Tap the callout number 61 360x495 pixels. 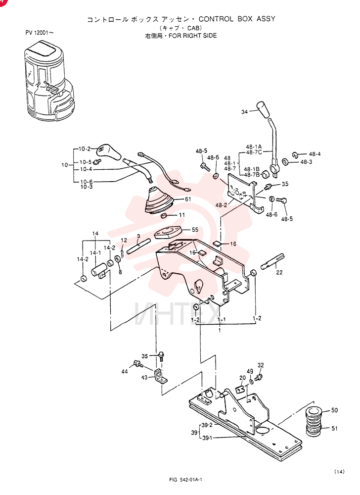click(x=188, y=199)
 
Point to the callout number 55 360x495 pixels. click(x=195, y=230)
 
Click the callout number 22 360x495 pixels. click(x=279, y=272)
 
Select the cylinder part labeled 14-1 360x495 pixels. click(x=99, y=271)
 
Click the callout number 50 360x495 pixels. click(x=334, y=410)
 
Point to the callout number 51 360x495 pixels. click(x=334, y=428)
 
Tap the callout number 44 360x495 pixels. click(x=125, y=372)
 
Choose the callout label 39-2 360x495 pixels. click(x=207, y=425)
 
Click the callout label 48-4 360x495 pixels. click(x=315, y=154)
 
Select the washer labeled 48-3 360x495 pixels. click(x=285, y=162)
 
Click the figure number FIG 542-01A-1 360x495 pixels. click(x=185, y=480)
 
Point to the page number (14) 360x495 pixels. click(x=339, y=472)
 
